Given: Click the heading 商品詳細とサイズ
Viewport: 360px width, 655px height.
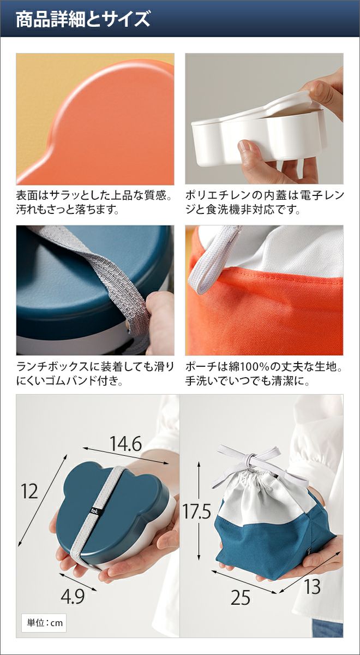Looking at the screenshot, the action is click(83, 19).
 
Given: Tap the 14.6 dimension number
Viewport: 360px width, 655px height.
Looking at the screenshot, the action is click(125, 444).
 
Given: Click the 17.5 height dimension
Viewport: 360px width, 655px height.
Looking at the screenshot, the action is click(197, 511).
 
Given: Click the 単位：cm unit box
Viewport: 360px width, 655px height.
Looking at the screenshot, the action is click(44, 623).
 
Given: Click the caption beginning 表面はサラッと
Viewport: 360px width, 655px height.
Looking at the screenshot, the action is click(94, 203).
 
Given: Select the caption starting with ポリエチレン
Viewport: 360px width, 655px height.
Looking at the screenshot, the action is click(265, 203).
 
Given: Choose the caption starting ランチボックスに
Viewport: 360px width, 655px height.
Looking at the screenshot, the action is click(95, 374).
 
